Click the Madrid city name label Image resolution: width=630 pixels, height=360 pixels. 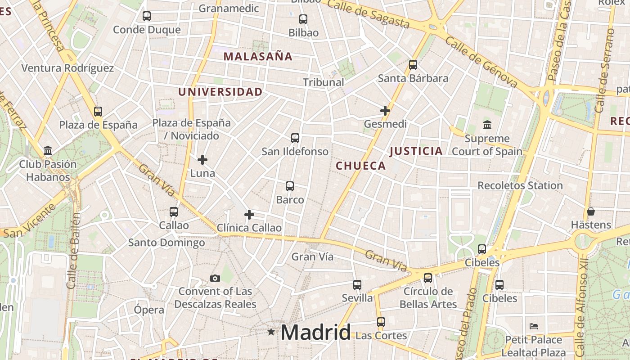315,333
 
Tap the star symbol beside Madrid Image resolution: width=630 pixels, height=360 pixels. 271,332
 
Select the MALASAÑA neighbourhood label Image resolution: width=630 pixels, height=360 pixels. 258,57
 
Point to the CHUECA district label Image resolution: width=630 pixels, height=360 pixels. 361,166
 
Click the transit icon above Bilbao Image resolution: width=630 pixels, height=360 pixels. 303,19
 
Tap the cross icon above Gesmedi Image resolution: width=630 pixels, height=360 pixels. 385,110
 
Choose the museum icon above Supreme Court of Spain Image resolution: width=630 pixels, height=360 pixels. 487,125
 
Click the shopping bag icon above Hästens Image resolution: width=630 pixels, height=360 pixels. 591,211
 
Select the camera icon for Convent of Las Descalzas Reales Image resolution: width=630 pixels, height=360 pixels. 215,279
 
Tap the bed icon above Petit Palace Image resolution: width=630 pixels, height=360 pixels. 534,326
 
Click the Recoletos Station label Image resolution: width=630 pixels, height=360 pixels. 520,185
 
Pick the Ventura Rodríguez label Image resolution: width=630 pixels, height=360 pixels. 68,68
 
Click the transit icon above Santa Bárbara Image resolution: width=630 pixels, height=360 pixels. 413,65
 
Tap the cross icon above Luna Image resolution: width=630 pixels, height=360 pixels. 202,159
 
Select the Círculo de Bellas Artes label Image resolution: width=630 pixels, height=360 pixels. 428,298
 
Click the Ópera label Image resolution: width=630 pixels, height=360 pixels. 149,310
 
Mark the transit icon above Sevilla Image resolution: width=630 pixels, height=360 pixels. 357,285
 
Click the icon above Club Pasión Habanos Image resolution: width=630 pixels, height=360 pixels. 48,150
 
